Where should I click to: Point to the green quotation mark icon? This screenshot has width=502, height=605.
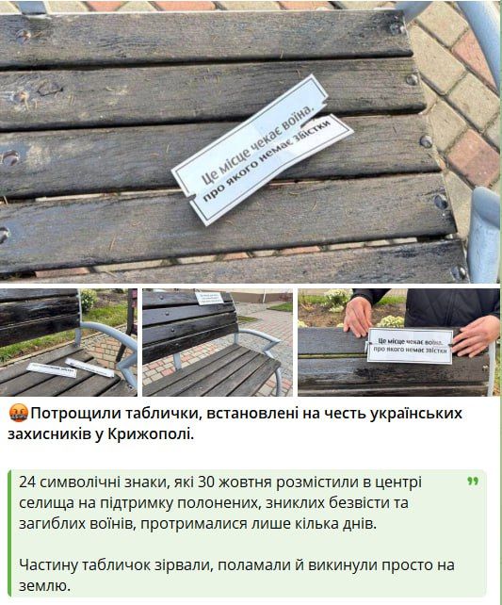click(471, 482)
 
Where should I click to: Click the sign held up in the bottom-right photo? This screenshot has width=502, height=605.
click(410, 346)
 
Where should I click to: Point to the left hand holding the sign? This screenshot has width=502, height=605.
click(357, 317)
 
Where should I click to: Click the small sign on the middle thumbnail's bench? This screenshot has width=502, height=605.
click(208, 298)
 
